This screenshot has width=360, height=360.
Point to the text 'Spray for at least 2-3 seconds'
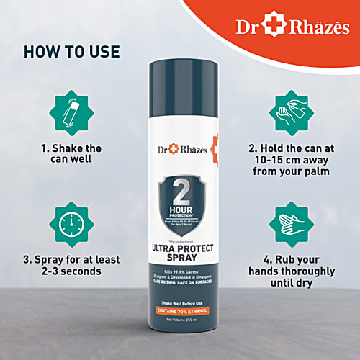pos(70,265)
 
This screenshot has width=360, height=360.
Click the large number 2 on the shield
pos(180,189)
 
